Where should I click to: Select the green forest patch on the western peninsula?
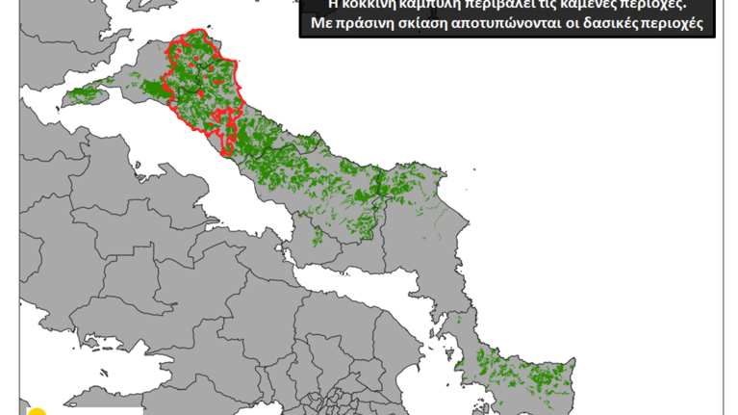click(81, 95)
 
